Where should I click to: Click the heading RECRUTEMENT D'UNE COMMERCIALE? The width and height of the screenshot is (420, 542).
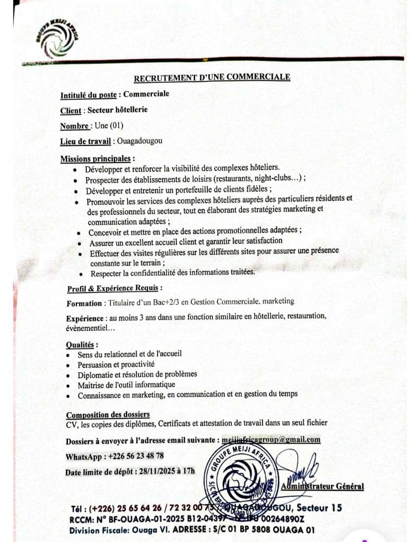212,77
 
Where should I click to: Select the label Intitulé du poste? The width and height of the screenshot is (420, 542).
88,95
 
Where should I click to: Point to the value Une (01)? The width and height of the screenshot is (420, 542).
109,125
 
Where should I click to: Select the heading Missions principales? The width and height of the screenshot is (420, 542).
96,159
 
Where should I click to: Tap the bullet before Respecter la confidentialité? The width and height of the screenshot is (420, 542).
81,274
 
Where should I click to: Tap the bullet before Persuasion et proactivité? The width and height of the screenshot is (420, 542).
68,364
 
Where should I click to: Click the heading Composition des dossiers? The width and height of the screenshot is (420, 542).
108,414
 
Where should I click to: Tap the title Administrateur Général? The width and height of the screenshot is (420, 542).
323,486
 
